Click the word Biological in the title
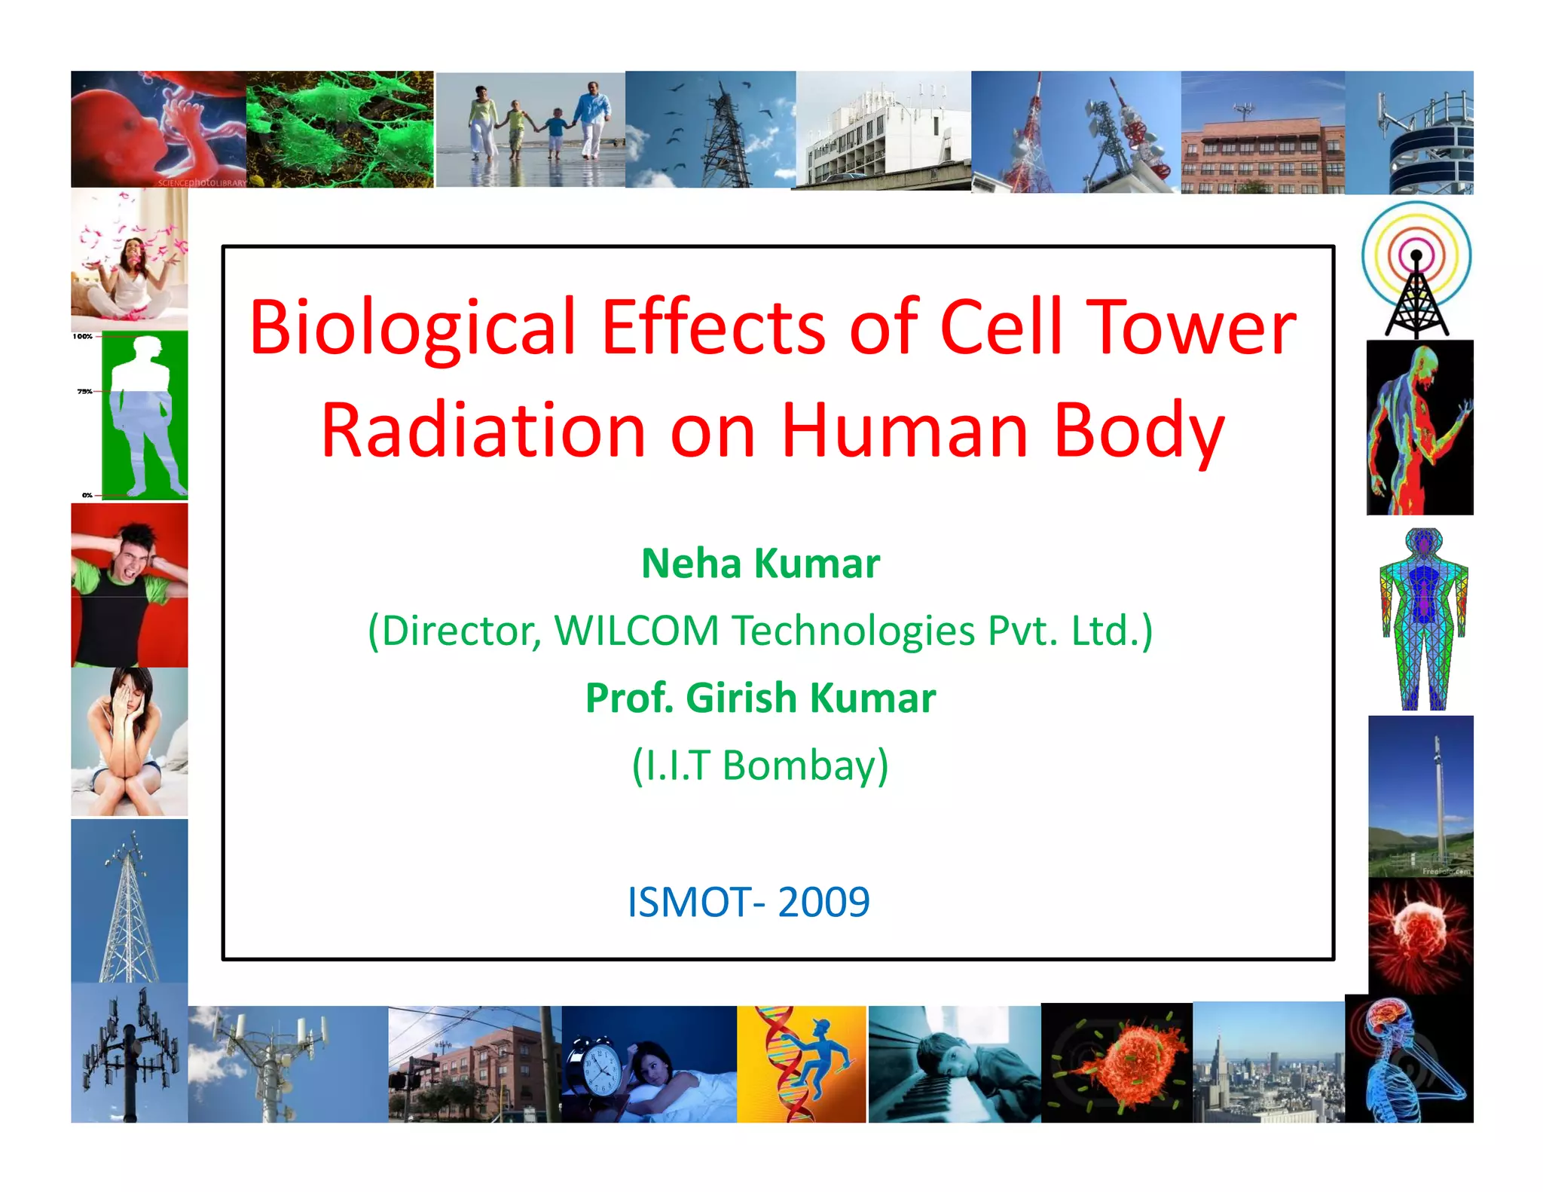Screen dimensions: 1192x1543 tap(412, 329)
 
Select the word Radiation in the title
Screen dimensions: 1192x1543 tap(483, 431)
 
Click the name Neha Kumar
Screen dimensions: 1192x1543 tap(760, 564)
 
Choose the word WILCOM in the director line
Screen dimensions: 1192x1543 tap(637, 631)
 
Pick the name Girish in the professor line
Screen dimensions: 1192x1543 tap(741, 698)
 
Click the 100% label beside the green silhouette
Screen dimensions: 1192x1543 tap(82, 337)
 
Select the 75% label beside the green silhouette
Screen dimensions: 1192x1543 tap(84, 392)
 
